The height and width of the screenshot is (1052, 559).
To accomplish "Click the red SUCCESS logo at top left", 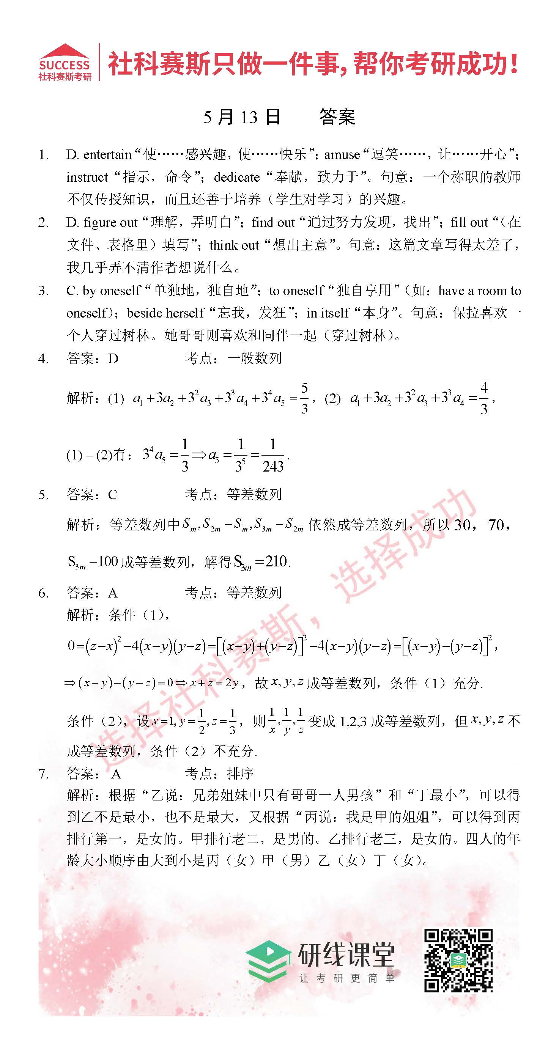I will (x=65, y=63).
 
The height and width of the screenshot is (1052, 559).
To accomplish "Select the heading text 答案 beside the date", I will (x=337, y=117).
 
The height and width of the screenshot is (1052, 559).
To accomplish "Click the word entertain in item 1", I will (x=107, y=155).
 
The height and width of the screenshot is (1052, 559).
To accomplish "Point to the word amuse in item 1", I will (x=342, y=155).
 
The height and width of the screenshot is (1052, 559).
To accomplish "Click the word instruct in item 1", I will (x=87, y=177).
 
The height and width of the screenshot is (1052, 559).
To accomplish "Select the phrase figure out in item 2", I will (x=110, y=223).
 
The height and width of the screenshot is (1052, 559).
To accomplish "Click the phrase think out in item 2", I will (x=234, y=245).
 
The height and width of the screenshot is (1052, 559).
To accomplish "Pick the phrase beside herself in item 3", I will (x=165, y=313).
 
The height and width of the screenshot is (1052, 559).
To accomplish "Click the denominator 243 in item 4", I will (x=273, y=466).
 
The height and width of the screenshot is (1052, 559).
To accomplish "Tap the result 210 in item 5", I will (x=276, y=561).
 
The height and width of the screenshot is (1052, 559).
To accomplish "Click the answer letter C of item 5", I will (x=112, y=495).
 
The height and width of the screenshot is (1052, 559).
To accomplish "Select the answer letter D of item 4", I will (x=113, y=359).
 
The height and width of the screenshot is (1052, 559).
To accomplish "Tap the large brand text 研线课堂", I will (x=346, y=955).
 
